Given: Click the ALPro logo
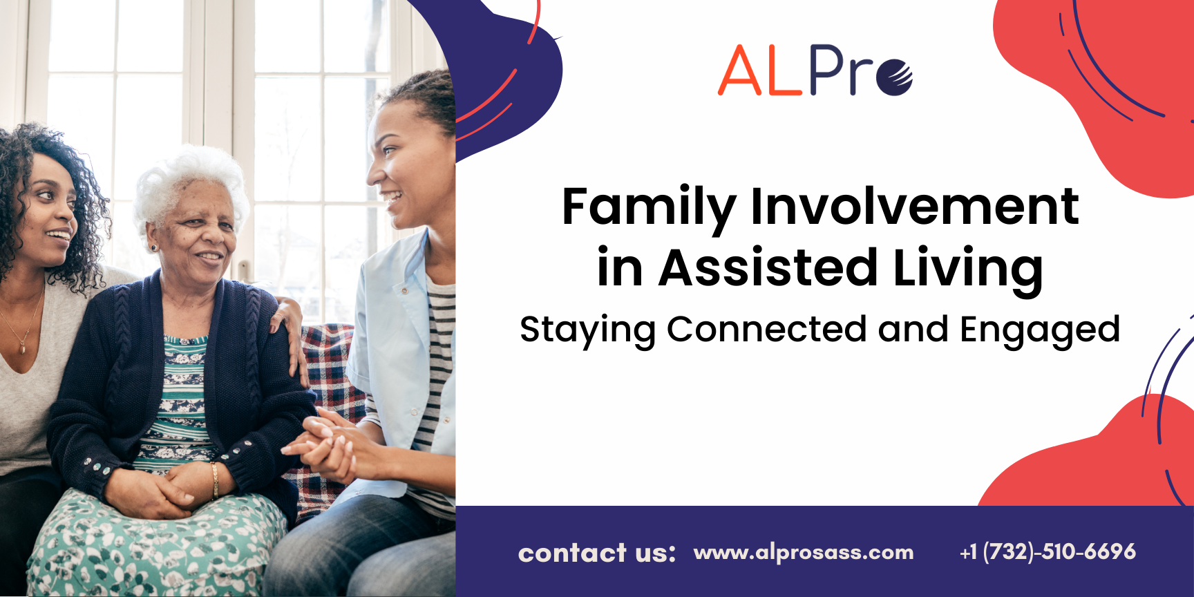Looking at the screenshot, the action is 815,70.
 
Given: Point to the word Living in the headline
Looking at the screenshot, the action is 967,269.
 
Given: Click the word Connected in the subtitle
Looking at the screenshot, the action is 766,329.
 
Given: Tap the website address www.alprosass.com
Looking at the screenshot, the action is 804,552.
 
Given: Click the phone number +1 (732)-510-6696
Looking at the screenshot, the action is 1048,551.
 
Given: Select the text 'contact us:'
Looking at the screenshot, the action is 597,553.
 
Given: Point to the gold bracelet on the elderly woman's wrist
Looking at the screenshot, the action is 215,480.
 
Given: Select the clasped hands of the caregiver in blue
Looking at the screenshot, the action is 328,446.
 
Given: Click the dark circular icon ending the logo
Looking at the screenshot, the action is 895,77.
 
